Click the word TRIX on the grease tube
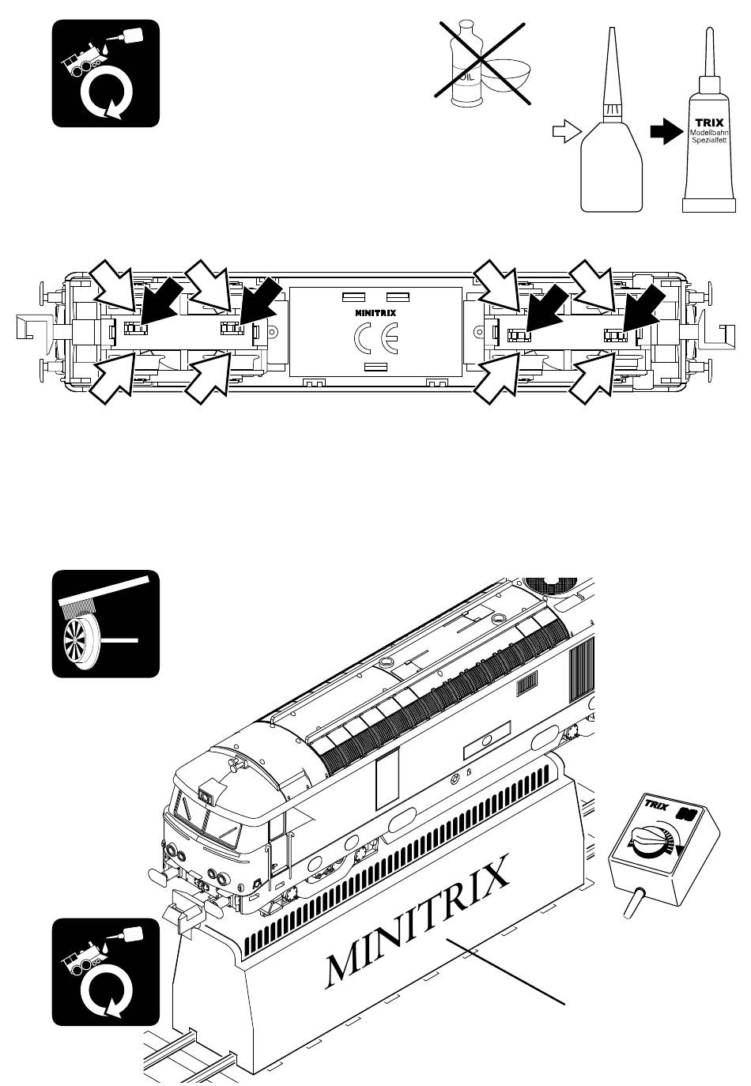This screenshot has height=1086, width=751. [709, 123]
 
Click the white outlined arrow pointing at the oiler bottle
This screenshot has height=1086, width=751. [567, 131]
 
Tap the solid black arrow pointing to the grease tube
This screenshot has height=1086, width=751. [666, 131]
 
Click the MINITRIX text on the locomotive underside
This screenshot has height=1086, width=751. [375, 313]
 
